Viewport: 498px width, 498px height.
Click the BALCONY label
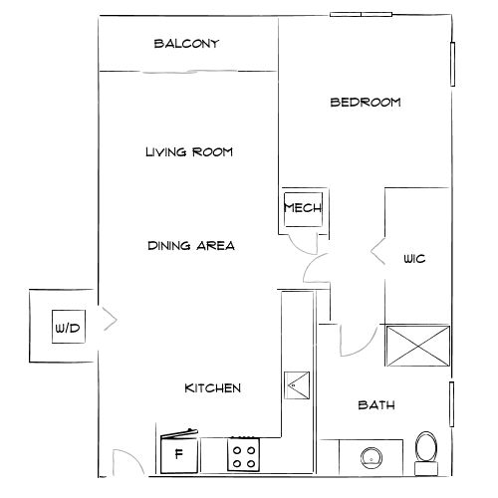[186, 44]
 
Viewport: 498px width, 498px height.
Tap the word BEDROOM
[365, 102]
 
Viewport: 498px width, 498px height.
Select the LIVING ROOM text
[188, 152]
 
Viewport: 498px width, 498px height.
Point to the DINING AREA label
[190, 245]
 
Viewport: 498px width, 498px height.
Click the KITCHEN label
[212, 387]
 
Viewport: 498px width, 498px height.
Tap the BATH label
[376, 405]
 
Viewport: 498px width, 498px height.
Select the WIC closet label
[414, 259]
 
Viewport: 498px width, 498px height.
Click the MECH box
[300, 208]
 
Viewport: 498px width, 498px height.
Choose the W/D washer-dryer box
[68, 327]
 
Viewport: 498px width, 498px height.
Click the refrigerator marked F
[179, 455]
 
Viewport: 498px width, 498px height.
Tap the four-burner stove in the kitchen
[244, 455]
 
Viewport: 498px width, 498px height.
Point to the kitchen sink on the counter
[297, 384]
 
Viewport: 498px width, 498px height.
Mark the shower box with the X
[415, 348]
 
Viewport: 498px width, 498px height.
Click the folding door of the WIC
[378, 254]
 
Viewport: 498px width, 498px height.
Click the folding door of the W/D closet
[110, 320]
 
